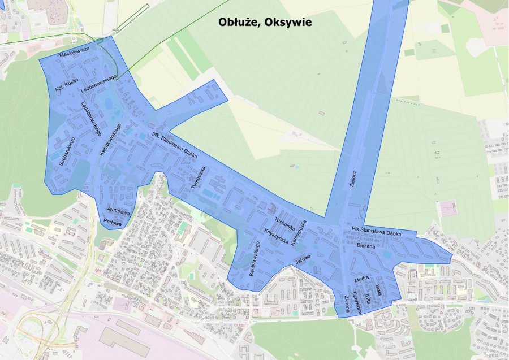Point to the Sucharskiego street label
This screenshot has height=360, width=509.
pos(67,151)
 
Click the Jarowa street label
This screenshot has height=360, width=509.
pos(303,260)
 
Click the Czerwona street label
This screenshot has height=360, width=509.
pos(356,302)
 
